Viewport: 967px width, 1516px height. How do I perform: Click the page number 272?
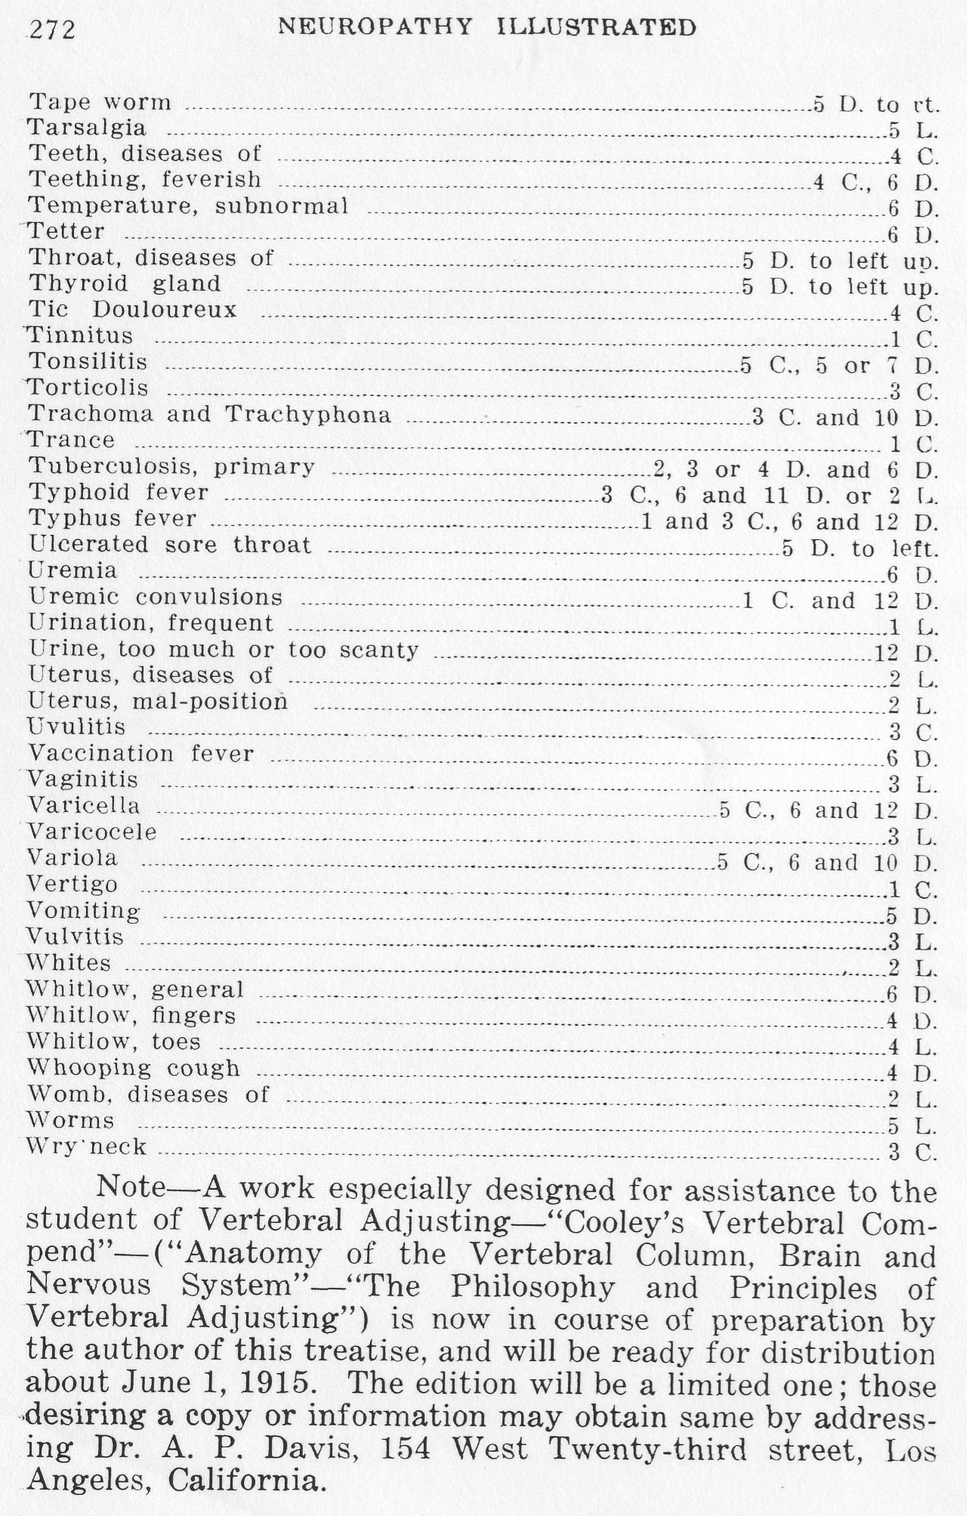coord(52,30)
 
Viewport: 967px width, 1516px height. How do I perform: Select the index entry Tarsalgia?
coord(87,128)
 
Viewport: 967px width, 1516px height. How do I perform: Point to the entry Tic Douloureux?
coord(133,310)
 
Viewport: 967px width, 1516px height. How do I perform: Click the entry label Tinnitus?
coord(80,335)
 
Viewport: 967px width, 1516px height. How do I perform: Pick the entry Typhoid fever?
coord(119,492)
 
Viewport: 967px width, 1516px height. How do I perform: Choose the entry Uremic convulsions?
coord(156,597)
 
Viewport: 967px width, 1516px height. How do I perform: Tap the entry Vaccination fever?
coord(141,753)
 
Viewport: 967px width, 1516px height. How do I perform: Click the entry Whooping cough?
coord(134,1067)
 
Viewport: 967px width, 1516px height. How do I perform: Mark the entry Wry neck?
coord(87,1147)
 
